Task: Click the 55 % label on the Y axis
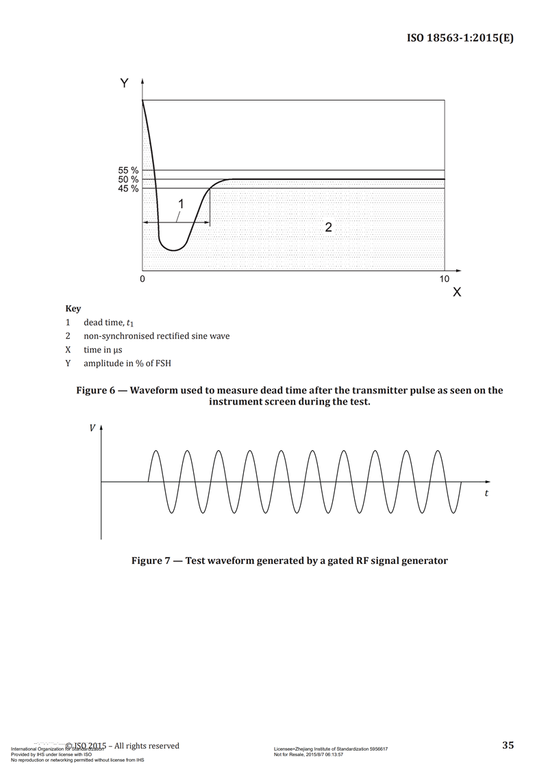point(128,170)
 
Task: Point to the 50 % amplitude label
point(128,179)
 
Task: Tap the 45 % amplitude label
point(128,188)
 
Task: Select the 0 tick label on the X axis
point(142,279)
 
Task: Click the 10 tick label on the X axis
point(445,279)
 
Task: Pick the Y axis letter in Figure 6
point(124,83)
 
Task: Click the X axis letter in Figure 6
point(457,292)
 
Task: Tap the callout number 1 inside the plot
point(182,203)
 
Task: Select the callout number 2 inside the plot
point(328,227)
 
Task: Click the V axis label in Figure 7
point(92,428)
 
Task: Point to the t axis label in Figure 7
point(486,493)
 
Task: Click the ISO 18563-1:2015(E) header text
point(460,38)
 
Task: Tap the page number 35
point(508,745)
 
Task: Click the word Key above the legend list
point(73,309)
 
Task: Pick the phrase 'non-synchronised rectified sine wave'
point(157,336)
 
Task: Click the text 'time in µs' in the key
point(103,350)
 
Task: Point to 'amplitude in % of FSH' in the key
point(127,363)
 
